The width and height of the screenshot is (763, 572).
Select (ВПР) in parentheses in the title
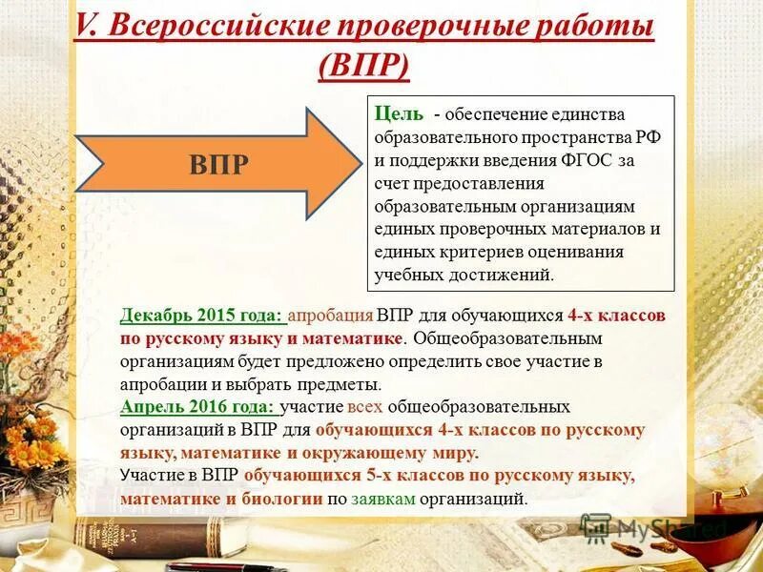(364, 68)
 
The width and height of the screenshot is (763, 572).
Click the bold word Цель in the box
(399, 113)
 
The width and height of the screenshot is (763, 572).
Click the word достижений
(500, 275)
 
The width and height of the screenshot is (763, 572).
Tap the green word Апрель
(151, 407)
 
